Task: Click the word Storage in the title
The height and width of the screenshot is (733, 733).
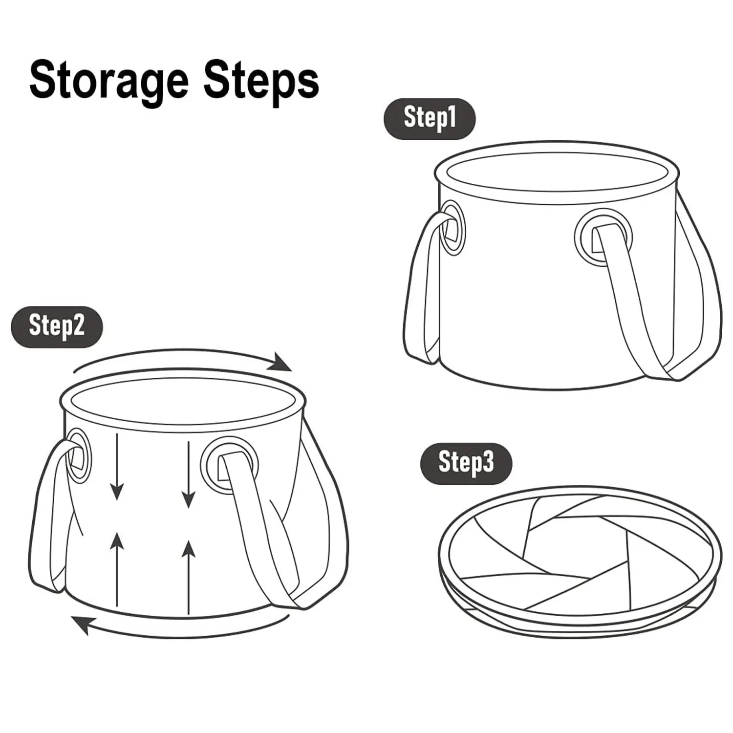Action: pos(109,82)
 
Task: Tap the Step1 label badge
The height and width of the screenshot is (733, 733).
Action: pos(430,119)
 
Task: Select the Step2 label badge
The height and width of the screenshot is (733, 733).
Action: pos(57,326)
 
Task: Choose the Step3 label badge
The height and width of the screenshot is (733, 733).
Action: pos(466,463)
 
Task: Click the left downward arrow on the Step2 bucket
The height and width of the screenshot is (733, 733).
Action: pos(116,467)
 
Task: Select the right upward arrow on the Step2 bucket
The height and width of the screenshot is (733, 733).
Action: pos(189,577)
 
